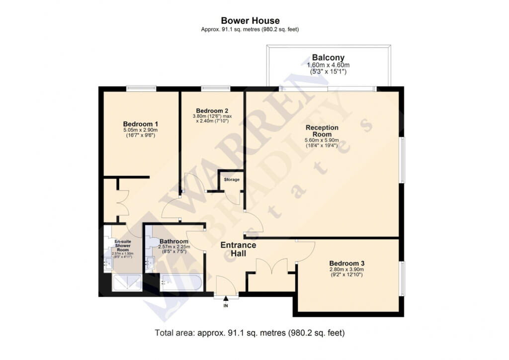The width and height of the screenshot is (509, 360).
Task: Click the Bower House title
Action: coord(250,21)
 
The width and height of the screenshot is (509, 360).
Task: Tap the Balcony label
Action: coord(328,58)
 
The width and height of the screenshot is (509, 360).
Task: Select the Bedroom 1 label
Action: coord(141,124)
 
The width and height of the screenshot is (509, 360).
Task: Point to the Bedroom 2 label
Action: coord(212,111)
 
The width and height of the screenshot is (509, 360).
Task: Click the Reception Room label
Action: coord(322,131)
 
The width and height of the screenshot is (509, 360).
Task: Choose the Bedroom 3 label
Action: coord(346,263)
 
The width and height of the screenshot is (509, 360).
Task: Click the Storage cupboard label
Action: coord(232,180)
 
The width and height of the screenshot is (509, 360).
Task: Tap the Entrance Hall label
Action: coord(238,249)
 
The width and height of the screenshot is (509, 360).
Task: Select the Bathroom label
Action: coord(174,242)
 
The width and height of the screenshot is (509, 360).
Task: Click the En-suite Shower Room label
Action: coord(123,246)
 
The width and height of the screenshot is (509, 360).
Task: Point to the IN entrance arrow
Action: coord(226,298)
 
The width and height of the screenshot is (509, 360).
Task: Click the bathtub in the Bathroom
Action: coord(181,282)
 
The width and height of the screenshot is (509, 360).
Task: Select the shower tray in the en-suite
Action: coord(127,283)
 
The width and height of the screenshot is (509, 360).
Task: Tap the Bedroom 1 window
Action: coord(141,89)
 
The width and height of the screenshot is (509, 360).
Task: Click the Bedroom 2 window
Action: coord(216,89)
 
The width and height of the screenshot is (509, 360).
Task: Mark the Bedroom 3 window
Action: coord(402,278)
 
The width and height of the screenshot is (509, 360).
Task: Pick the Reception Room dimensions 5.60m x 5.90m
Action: coord(322,140)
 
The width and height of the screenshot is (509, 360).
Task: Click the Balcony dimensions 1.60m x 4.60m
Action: coord(328,65)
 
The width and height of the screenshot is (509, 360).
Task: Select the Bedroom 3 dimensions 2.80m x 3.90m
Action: coord(346,270)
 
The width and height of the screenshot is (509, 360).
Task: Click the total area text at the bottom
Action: coord(250,333)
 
